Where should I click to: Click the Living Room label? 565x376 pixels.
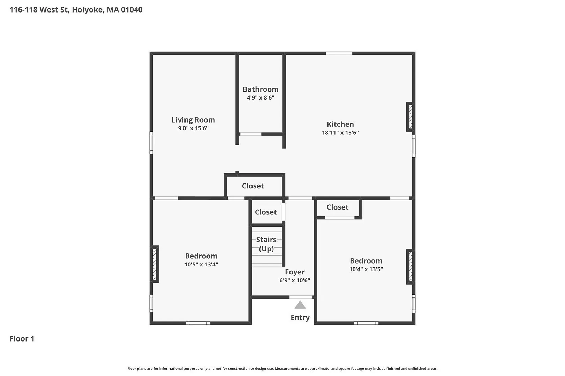point(193,120)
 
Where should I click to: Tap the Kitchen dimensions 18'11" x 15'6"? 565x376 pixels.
point(340,132)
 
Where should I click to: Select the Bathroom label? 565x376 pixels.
point(261,89)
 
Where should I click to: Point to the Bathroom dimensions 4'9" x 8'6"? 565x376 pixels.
point(261,97)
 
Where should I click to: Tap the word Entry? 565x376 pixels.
point(300,318)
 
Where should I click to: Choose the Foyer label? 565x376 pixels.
point(295,272)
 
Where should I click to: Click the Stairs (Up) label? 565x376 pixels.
point(266,244)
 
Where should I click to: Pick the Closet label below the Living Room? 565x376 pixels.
point(253,186)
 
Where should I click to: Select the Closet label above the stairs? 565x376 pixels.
point(266,212)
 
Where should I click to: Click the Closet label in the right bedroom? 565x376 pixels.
point(338,207)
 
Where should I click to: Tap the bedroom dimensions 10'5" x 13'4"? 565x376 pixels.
point(201,265)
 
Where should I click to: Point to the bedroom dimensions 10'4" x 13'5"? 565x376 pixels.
point(366,269)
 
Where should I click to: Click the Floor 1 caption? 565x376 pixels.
point(22,339)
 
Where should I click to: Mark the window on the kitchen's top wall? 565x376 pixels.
point(339,53)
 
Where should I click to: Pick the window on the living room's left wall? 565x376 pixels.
point(151,142)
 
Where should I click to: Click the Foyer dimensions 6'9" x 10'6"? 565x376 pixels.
point(295,280)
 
